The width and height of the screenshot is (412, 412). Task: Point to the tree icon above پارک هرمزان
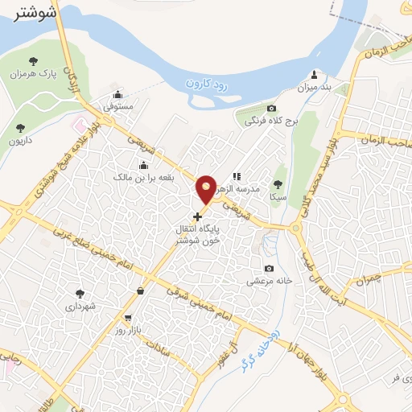(x=33, y=61)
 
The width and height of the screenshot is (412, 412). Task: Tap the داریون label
(x=20, y=141)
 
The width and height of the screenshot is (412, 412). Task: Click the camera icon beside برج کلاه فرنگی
(x=272, y=109)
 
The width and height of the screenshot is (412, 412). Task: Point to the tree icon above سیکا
(x=278, y=184)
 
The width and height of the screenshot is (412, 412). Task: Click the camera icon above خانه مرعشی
(x=269, y=269)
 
